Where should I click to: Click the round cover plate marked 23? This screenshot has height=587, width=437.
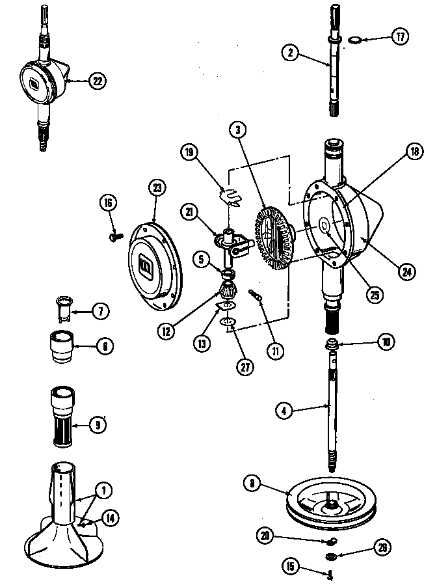point(154,257)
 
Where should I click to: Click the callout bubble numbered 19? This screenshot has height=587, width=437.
point(189,152)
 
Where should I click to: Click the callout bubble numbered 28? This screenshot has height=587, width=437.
point(382,548)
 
